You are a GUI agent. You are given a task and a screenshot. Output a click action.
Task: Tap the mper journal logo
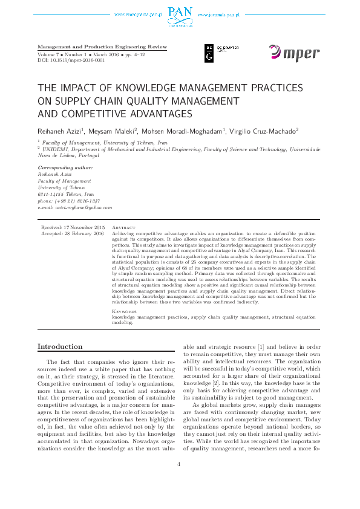tap(294, 53)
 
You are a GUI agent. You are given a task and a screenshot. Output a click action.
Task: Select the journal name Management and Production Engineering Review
tap(102, 47)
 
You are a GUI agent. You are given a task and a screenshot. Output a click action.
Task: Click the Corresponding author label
tap(65, 167)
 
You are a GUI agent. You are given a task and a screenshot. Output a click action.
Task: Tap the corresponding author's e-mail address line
tap(75, 207)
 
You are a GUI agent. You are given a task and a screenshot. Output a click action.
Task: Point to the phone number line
tap(69, 201)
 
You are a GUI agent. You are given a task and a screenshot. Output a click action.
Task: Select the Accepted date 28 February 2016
tap(73, 233)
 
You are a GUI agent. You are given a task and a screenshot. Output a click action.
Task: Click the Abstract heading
tap(124, 227)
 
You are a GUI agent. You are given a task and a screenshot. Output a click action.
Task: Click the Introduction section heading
tap(61, 346)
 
